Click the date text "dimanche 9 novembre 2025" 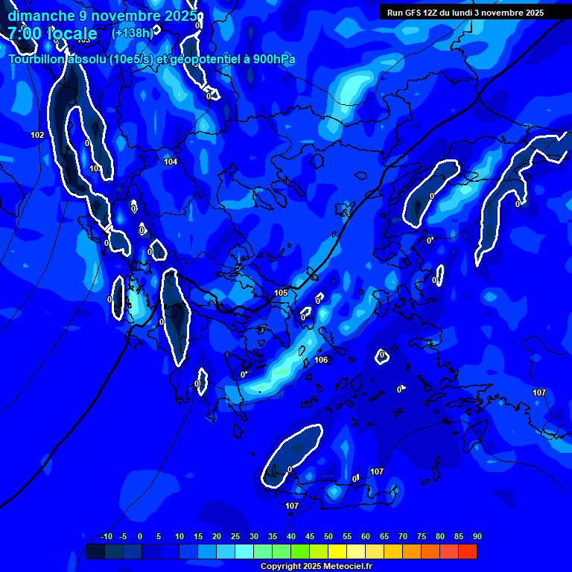(102, 15)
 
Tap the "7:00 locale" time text (52, 34)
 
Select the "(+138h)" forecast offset (132, 33)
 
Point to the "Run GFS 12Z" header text (418, 13)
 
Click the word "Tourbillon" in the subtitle (36, 60)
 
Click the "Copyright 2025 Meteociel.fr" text (316, 567)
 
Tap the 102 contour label (37, 135)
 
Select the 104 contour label (171, 162)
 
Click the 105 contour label (281, 293)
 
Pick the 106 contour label (321, 360)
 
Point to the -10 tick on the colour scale (106, 536)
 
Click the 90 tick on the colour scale (477, 536)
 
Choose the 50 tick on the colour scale (328, 536)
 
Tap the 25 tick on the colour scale (235, 536)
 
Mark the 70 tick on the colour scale (402, 536)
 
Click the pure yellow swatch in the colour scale (337, 551)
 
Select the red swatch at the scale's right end (467, 551)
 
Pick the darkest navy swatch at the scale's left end (95, 551)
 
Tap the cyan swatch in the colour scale (244, 551)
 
